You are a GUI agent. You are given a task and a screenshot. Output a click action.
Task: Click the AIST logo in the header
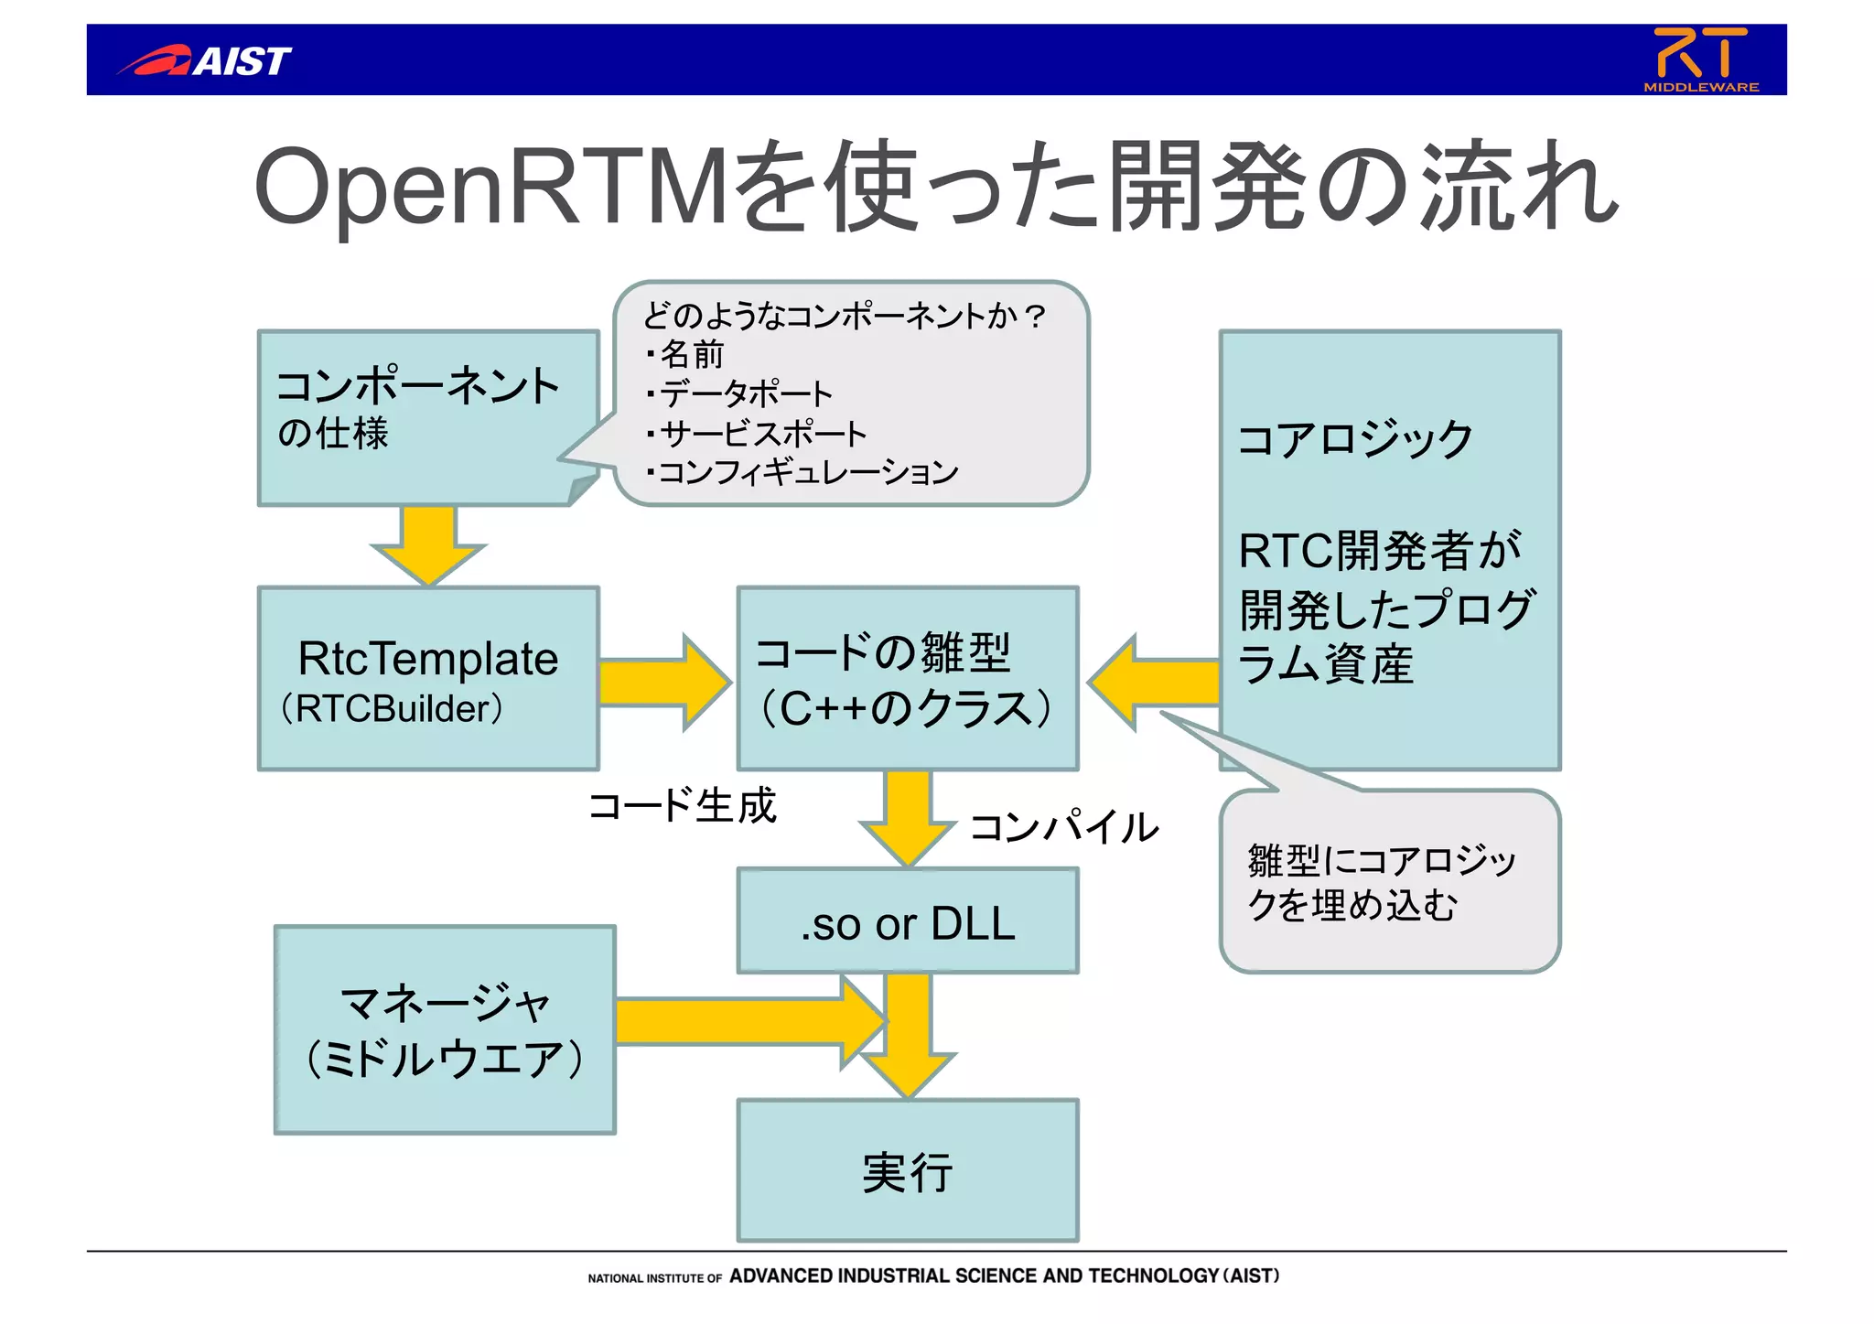(x=205, y=60)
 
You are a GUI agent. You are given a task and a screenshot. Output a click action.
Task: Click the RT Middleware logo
(x=1700, y=59)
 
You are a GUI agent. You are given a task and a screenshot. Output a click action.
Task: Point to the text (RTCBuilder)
(x=392, y=709)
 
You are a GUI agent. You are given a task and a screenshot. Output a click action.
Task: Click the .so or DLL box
(x=907, y=922)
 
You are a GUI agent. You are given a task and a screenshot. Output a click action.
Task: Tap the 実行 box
(x=907, y=1171)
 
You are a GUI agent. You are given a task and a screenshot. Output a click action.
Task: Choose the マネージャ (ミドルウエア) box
(x=445, y=1030)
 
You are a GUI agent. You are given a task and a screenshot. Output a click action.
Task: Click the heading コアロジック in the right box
(x=1354, y=439)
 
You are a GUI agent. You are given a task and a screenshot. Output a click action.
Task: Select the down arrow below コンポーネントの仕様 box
(x=428, y=544)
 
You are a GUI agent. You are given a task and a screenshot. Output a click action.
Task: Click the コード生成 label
(x=683, y=806)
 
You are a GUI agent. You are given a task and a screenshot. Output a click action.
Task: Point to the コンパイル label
(x=1063, y=827)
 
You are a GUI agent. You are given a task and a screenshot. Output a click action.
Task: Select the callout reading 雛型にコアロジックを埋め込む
(x=1389, y=882)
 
